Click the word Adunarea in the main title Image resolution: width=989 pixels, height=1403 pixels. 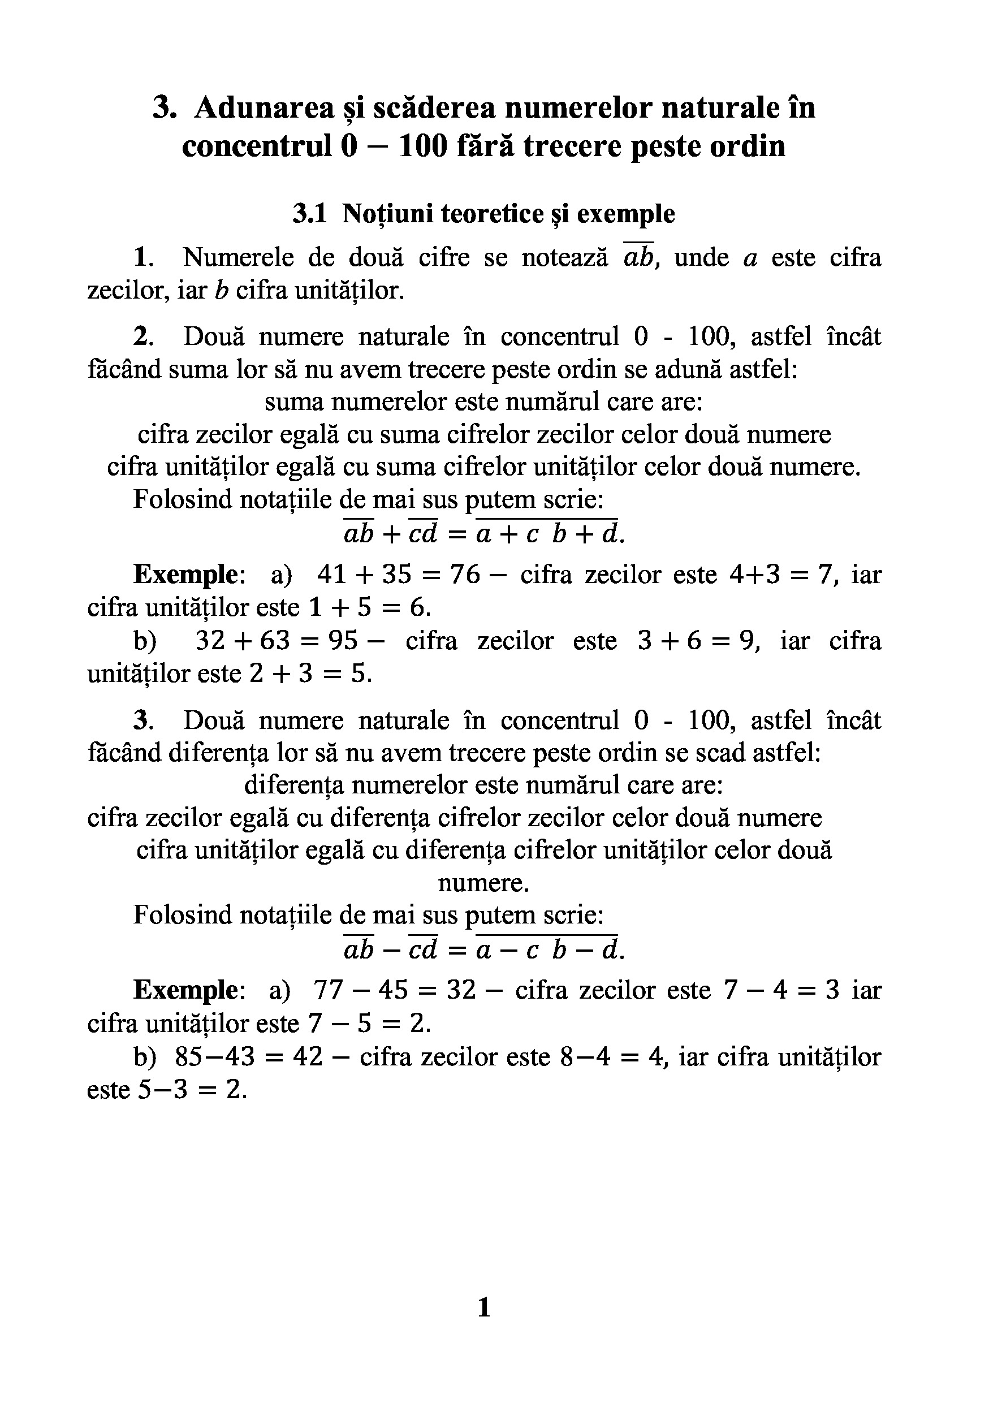tap(265, 107)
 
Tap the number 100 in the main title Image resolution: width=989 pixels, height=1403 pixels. tap(423, 146)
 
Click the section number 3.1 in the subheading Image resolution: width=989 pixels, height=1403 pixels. tap(310, 214)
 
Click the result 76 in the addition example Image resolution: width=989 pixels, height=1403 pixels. tap(464, 575)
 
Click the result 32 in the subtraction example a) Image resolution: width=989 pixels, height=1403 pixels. tap(461, 990)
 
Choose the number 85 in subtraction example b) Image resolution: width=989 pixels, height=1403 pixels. tap(189, 1056)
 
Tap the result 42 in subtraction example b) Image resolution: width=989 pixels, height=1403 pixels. tap(307, 1056)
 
